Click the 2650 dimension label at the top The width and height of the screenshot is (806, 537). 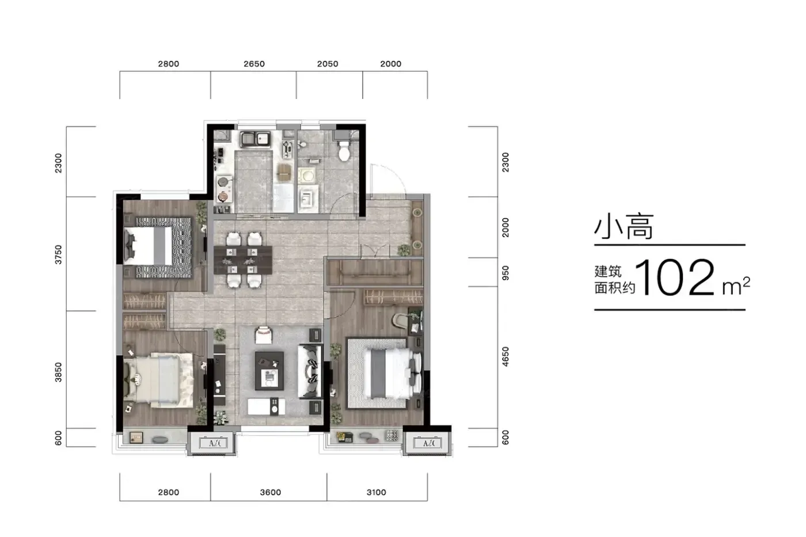pyautogui.click(x=254, y=64)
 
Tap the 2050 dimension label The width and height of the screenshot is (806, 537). pyautogui.click(x=328, y=64)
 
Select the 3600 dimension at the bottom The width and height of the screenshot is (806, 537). pyautogui.click(x=271, y=493)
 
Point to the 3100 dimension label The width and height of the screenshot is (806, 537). pyautogui.click(x=377, y=493)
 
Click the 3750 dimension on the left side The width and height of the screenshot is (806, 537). pyautogui.click(x=58, y=254)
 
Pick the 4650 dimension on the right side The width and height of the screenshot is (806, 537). pyautogui.click(x=505, y=357)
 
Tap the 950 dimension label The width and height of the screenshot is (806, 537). pyautogui.click(x=505, y=273)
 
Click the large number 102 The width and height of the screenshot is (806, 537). pyautogui.click(x=675, y=277)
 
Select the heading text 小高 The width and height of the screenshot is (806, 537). pyautogui.click(x=623, y=227)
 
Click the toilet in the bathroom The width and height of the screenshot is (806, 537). pyautogui.click(x=344, y=151)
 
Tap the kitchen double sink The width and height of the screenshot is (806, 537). pyautogui.click(x=256, y=139)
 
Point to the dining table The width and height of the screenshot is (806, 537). pyautogui.click(x=243, y=260)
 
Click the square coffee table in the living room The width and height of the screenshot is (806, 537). pyautogui.click(x=269, y=371)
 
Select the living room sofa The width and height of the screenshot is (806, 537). pyautogui.click(x=310, y=372)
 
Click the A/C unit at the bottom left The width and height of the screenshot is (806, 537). pyautogui.click(x=213, y=443)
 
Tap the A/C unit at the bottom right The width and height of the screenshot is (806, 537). pyautogui.click(x=427, y=443)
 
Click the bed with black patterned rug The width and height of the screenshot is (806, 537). pyautogui.click(x=158, y=247)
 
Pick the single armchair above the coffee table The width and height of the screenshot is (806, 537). pyautogui.click(x=264, y=335)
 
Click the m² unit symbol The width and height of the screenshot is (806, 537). pyautogui.click(x=736, y=287)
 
